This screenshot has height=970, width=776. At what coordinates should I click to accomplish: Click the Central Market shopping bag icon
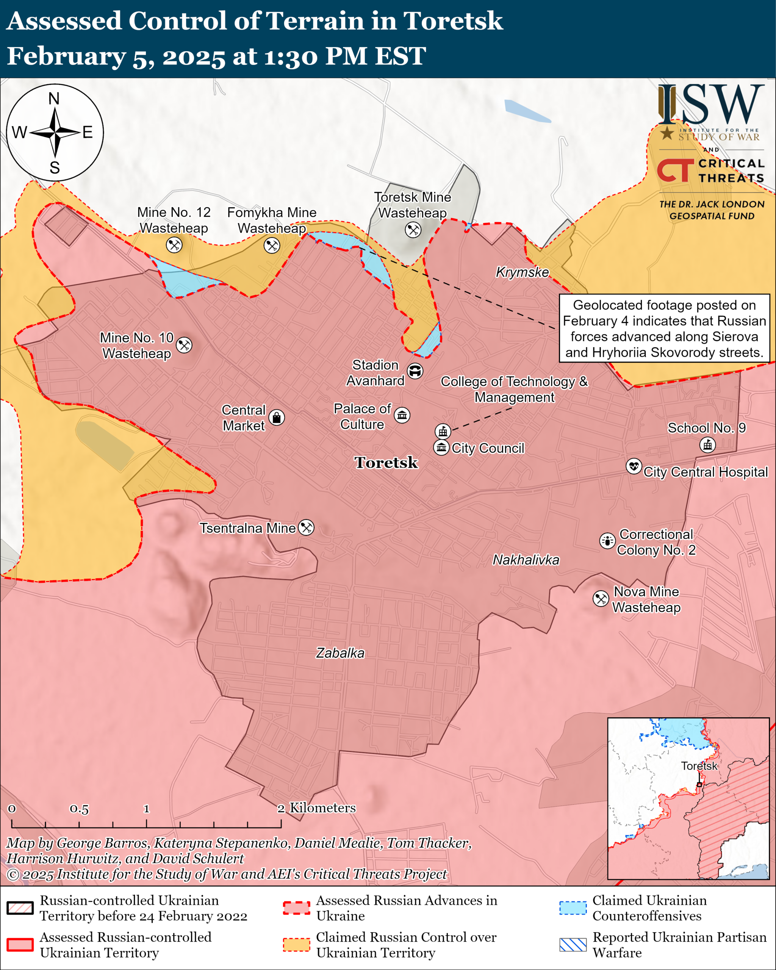pos(276,418)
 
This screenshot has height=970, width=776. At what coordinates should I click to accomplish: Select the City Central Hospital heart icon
pos(634,466)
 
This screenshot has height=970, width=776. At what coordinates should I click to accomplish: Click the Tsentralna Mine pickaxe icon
pos(307,527)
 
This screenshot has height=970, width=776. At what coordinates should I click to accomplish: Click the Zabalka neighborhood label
pos(340,653)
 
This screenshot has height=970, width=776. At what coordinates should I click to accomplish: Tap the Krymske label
pos(522,272)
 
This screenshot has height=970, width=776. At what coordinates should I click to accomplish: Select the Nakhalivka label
pos(526,560)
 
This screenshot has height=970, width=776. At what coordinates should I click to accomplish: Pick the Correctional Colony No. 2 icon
pos(607,540)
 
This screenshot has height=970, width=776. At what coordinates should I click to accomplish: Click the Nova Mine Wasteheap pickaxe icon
pos(601,599)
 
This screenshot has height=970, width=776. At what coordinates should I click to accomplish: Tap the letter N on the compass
pos(54,99)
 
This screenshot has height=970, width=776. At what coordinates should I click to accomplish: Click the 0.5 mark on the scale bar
pos(79,809)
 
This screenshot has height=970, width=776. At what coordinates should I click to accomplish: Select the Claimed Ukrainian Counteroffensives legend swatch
pos(573,908)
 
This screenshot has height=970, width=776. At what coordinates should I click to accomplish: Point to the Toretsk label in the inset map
pos(699,766)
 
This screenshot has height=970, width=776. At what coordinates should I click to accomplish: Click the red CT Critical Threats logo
pos(675,171)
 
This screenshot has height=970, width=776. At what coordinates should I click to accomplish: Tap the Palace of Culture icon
pos(402,415)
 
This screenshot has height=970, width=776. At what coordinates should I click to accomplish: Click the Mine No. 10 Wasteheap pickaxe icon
pos(184,345)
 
